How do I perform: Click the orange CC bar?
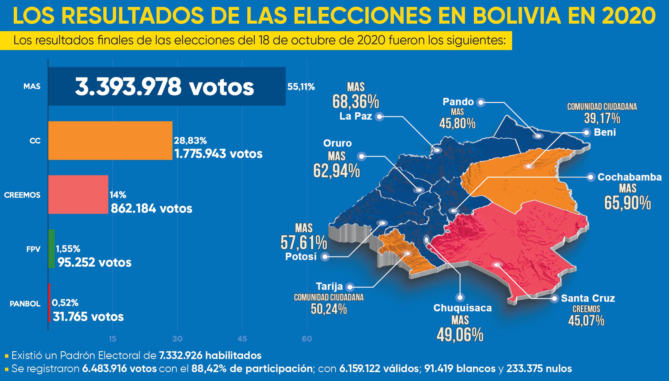click(x=110, y=140)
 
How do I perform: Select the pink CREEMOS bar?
click(x=78, y=195)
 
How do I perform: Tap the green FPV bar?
click(x=51, y=249)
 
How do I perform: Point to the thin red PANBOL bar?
click(x=49, y=303)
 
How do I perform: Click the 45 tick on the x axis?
click(x=242, y=339)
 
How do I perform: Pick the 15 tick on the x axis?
click(x=112, y=339)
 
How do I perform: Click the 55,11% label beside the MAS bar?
click(x=301, y=87)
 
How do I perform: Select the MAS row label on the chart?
click(x=32, y=86)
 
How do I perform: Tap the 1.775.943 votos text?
click(x=218, y=154)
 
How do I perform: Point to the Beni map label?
click(x=605, y=132)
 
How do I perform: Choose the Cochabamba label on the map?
click(x=630, y=177)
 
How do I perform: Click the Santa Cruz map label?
click(x=588, y=298)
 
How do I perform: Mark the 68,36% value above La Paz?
click(x=356, y=103)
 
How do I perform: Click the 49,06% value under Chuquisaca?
click(x=460, y=335)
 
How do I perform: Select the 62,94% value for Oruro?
click(x=337, y=170)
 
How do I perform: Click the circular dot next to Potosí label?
click(x=325, y=256)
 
